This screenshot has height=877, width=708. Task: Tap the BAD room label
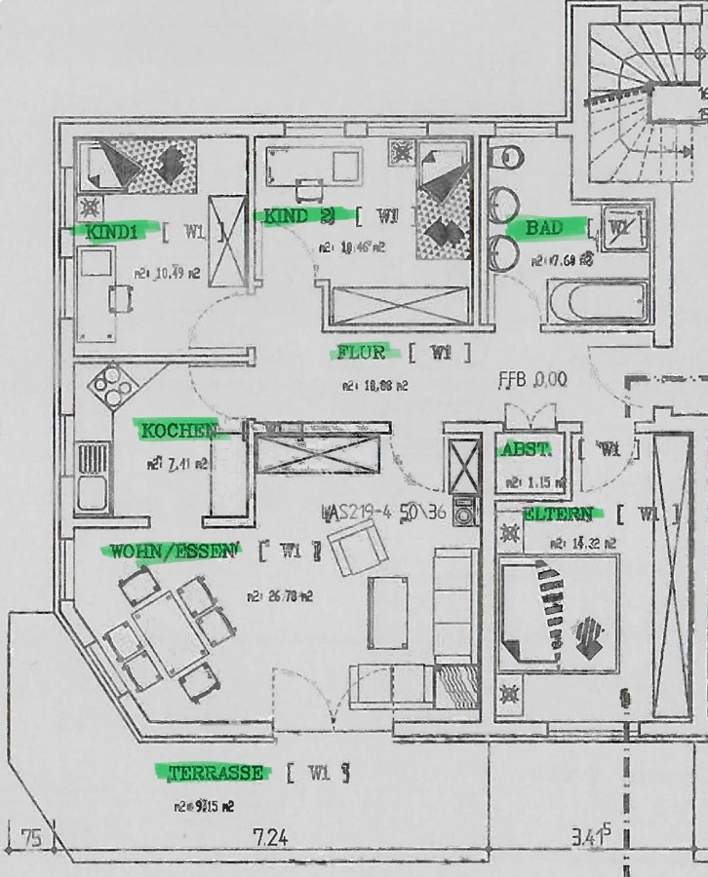point(544,228)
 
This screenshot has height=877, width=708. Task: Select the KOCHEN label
point(177,430)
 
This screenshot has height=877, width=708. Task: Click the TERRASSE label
point(216,773)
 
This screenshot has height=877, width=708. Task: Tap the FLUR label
point(361,352)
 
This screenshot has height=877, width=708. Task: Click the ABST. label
point(525,450)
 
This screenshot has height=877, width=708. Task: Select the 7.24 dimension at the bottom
point(270,837)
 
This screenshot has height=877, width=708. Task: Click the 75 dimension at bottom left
point(31,837)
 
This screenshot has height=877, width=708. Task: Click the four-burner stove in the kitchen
point(113,387)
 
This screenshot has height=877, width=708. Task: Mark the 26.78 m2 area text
point(279,595)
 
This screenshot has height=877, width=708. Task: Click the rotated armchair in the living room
point(357,550)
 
